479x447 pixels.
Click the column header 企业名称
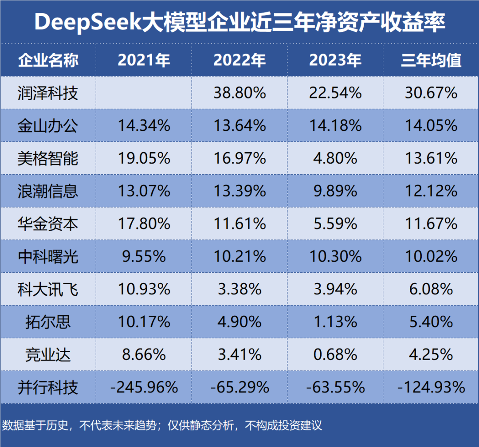pyautogui.click(x=48, y=60)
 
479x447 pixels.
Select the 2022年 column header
pyautogui.click(x=239, y=60)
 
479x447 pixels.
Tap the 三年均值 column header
pyautogui.click(x=432, y=60)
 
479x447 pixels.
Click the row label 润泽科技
pyautogui.click(x=48, y=93)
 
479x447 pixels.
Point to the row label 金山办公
pyautogui.click(x=48, y=125)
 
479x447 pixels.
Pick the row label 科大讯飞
pyautogui.click(x=48, y=290)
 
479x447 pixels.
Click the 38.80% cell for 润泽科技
pyautogui.click(x=239, y=93)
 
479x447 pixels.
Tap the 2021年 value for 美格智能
pyautogui.click(x=144, y=158)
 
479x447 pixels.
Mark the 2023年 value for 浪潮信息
pyautogui.click(x=335, y=191)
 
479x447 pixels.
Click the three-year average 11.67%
pyautogui.click(x=432, y=224)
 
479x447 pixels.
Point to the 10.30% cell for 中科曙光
pyautogui.click(x=335, y=257)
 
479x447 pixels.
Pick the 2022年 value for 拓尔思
pyautogui.click(x=239, y=322)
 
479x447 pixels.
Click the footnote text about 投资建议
pyautogui.click(x=162, y=426)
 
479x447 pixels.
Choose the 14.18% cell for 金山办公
pyautogui.click(x=335, y=125)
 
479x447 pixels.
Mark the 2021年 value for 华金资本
pyautogui.click(x=144, y=224)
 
